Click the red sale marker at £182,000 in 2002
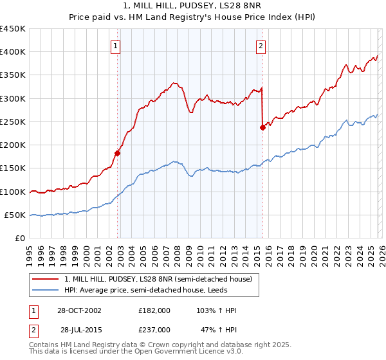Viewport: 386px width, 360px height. click(x=118, y=153)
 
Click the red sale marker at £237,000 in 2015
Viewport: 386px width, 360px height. click(x=262, y=127)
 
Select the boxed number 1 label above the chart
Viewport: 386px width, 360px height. click(x=115, y=45)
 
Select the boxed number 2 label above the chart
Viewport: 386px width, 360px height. click(x=261, y=45)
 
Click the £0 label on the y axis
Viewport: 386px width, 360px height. click(x=21, y=239)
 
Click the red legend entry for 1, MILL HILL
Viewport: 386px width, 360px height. click(x=161, y=278)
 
